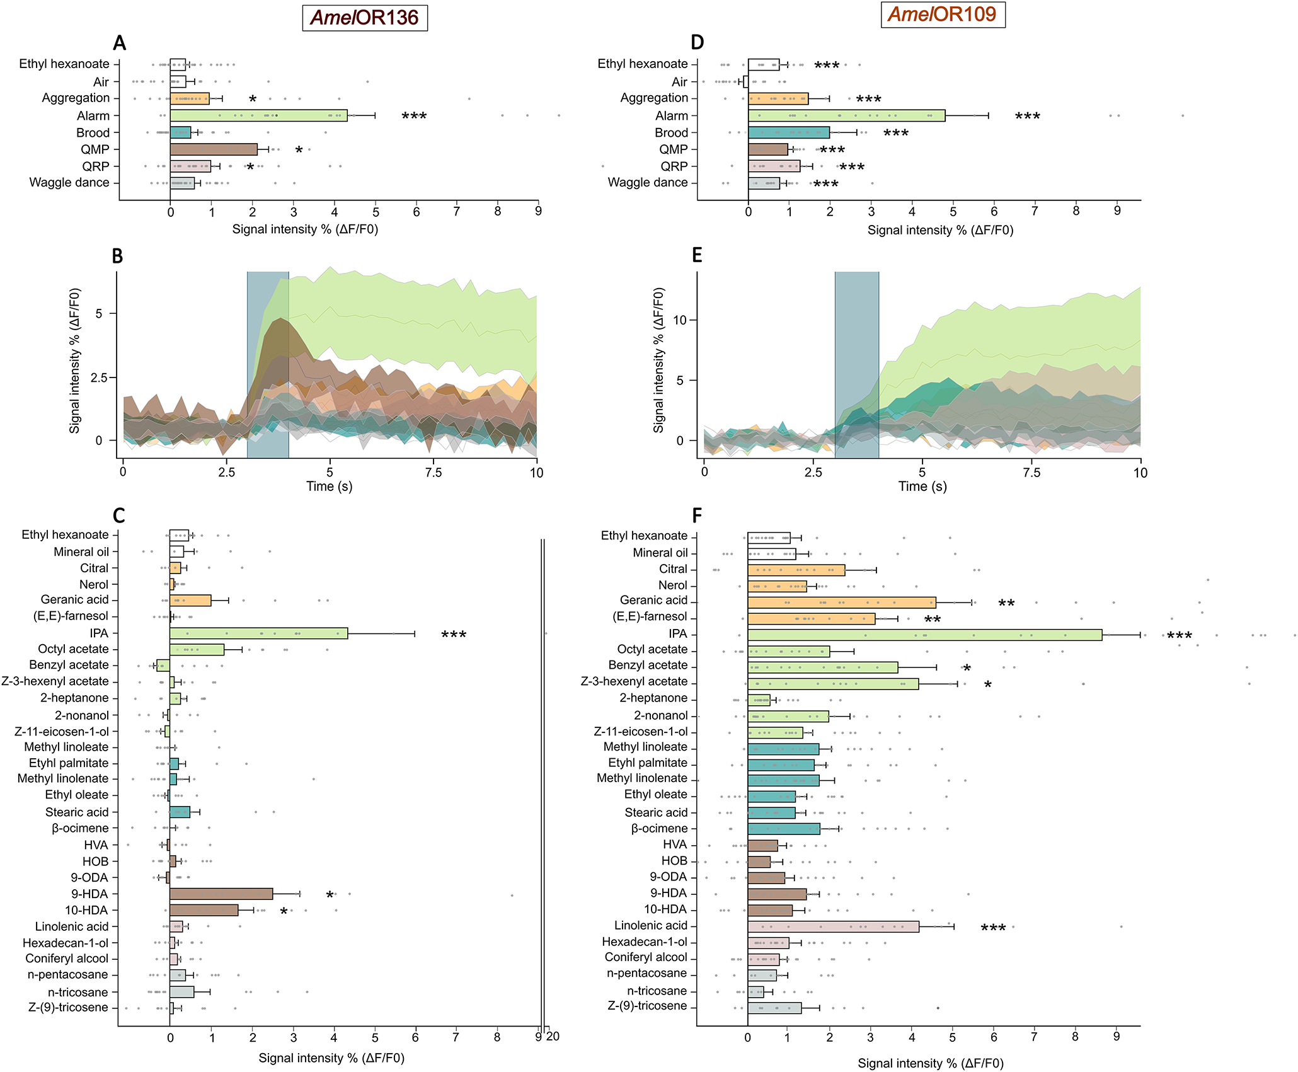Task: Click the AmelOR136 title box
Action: tap(365, 18)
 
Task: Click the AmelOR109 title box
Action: tap(943, 14)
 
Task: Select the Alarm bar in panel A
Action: tap(258, 115)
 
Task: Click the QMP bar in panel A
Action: tap(214, 149)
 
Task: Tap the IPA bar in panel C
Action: tap(258, 633)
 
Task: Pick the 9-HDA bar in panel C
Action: tap(221, 894)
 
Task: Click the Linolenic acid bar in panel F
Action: tap(833, 926)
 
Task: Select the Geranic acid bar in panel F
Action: tap(841, 602)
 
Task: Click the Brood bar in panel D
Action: tap(788, 132)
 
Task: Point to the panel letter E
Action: tap(697, 255)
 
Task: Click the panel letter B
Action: tap(117, 256)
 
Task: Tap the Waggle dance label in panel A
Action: tap(69, 183)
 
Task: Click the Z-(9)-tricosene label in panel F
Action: tap(647, 1006)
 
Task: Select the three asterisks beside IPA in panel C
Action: tap(454, 635)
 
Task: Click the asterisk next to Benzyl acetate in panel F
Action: tap(967, 668)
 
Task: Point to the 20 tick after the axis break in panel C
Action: tap(553, 1036)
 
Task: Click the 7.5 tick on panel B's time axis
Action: tap(434, 473)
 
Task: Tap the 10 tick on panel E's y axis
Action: tap(679, 320)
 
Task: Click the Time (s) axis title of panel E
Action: tap(922, 487)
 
